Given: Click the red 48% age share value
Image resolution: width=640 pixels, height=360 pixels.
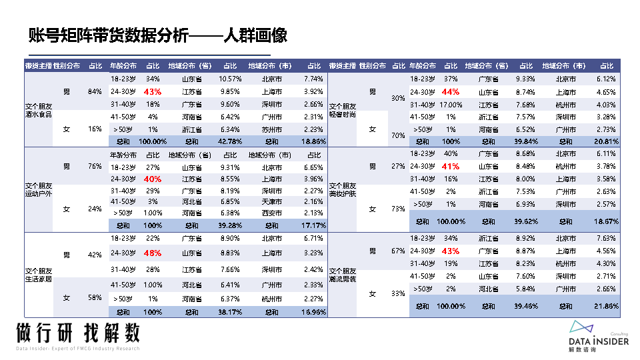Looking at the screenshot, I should coord(153,253).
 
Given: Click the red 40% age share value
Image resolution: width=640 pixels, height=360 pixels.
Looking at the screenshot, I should coord(153,179).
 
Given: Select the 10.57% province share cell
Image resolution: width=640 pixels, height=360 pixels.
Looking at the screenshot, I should coord(229,79).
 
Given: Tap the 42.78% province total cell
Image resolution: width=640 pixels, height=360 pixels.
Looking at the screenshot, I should coord(229,141).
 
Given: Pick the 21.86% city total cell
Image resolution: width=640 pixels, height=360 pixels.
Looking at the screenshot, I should coord(607,306).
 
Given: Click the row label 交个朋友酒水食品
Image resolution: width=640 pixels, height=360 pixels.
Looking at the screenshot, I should coord(38,110).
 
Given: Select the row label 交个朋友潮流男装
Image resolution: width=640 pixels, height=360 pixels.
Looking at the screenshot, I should coord(343,275).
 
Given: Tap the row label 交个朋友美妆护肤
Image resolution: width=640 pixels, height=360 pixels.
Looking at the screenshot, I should coord(343,190).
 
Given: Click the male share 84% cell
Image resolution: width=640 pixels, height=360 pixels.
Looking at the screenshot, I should coord(95,91).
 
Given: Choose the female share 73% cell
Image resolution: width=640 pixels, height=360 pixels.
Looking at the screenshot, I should coord(398,209).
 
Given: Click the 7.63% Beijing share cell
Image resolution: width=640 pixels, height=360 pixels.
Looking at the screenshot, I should coord(607,238).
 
